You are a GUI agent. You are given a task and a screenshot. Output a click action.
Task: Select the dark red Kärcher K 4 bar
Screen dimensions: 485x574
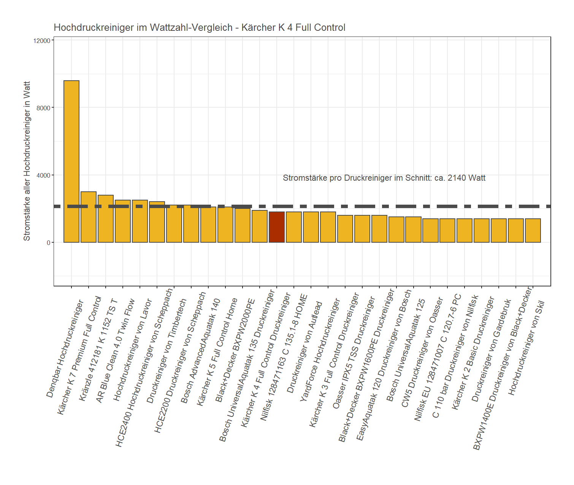[277, 227]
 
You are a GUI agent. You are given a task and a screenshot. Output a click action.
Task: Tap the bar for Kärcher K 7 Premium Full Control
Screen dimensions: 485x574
[89, 217]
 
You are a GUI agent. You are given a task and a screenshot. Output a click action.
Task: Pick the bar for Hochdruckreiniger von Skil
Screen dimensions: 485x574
[533, 231]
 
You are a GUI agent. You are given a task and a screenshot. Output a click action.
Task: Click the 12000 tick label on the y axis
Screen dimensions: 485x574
[42, 41]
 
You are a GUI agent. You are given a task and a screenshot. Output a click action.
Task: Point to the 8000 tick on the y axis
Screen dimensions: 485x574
[44, 108]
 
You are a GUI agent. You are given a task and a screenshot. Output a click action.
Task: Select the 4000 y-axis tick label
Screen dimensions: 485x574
[44, 175]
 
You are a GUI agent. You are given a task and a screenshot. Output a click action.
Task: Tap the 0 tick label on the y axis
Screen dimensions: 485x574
[49, 243]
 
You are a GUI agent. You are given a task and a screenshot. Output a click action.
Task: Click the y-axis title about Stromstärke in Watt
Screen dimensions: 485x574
[27, 161]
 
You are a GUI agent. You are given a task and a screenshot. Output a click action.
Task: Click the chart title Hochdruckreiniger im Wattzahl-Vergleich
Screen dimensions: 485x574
[199, 28]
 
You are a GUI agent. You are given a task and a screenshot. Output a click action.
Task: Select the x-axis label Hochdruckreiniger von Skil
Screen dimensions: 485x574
[526, 348]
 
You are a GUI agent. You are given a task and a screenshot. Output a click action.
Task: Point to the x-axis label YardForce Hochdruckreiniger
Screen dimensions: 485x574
[320, 350]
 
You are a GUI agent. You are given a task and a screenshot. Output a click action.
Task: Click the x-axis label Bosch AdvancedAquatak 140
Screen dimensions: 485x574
[200, 351]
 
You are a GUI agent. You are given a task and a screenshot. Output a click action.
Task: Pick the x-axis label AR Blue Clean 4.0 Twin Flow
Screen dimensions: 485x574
[115, 351]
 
